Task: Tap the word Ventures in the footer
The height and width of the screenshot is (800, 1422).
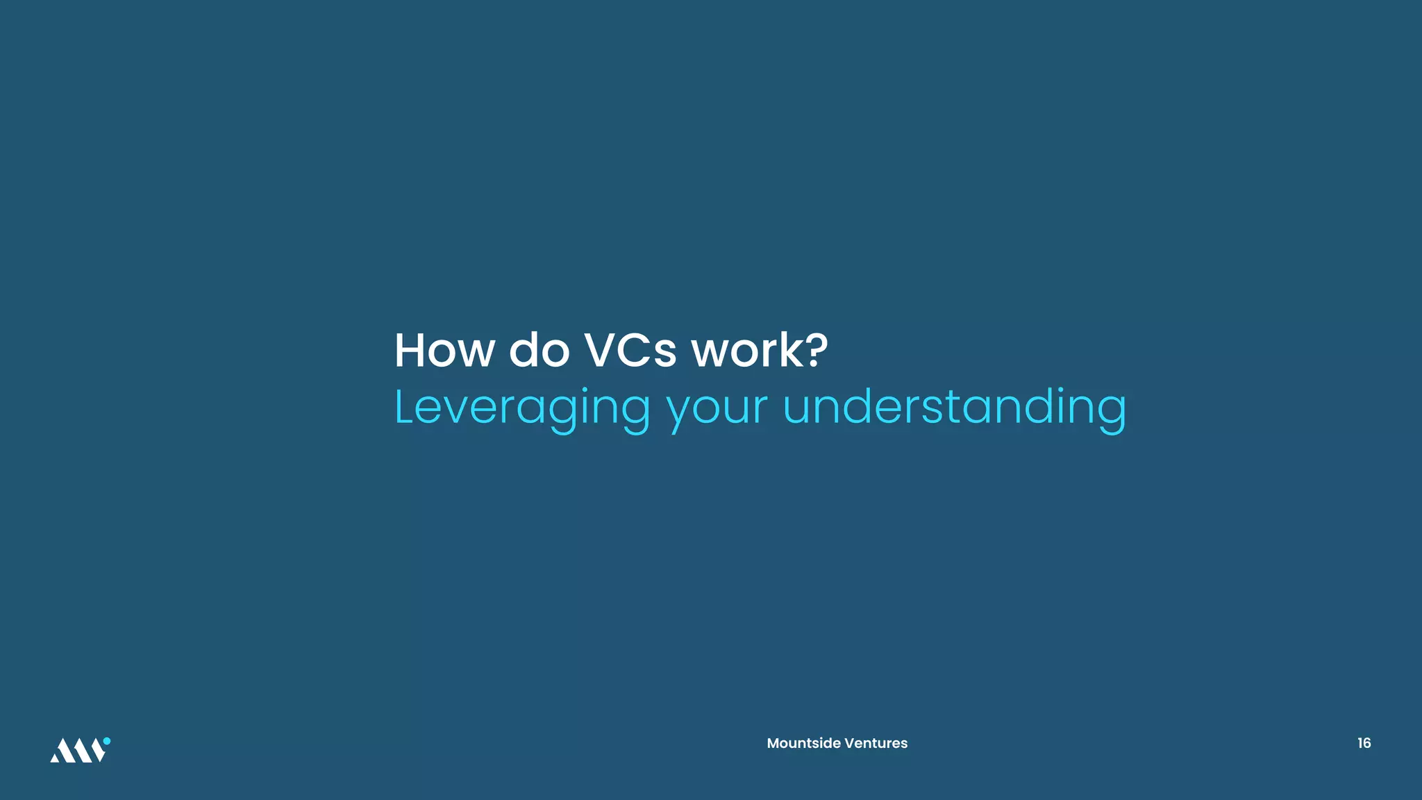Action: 876,743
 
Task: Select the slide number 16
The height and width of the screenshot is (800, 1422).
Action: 1364,743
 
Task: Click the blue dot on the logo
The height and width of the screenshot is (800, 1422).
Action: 107,741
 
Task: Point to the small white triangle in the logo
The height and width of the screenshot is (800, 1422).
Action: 54,757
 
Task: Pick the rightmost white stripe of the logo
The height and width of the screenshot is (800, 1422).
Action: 98,753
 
